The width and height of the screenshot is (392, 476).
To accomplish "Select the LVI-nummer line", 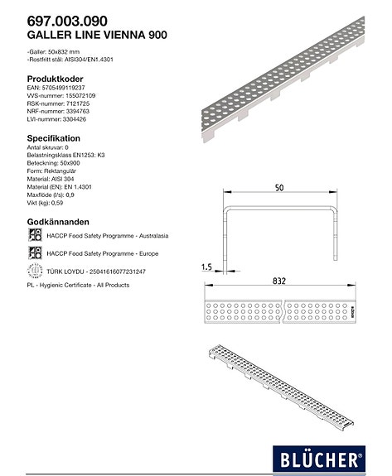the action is pyautogui.click(x=57, y=121).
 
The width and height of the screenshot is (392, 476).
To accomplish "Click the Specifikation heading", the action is pyautogui.click(x=54, y=138).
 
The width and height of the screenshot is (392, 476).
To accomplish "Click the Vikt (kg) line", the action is pyautogui.click(x=46, y=201).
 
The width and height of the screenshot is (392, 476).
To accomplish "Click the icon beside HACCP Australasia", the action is pyautogui.click(x=35, y=236).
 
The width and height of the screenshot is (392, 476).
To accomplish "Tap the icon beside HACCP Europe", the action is pyautogui.click(x=35, y=253).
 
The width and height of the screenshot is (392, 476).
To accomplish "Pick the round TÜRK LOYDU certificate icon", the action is pyautogui.click(x=35, y=271).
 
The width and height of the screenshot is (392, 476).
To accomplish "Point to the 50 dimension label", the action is pyautogui.click(x=280, y=190).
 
